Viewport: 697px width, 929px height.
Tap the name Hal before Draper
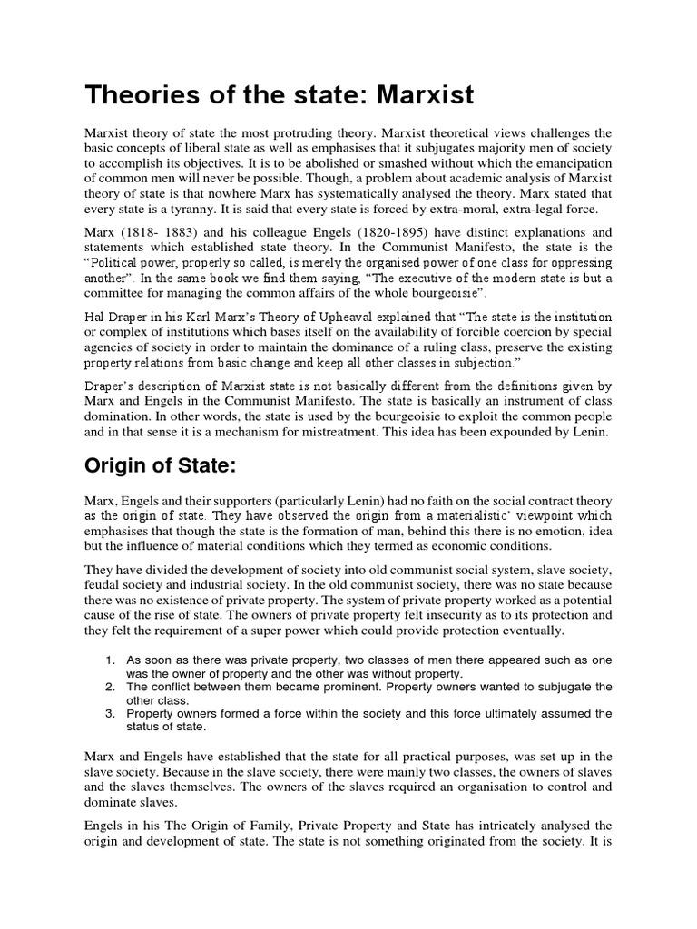tap(95, 316)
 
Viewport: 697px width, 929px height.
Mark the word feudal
tap(102, 583)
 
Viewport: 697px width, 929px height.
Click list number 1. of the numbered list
tap(111, 660)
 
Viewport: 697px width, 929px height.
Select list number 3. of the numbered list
tap(111, 714)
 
